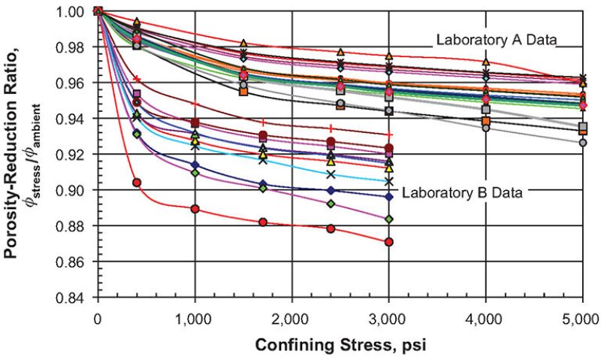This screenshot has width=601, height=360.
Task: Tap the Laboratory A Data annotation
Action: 496,41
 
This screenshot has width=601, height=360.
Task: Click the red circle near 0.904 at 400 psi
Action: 137,183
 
